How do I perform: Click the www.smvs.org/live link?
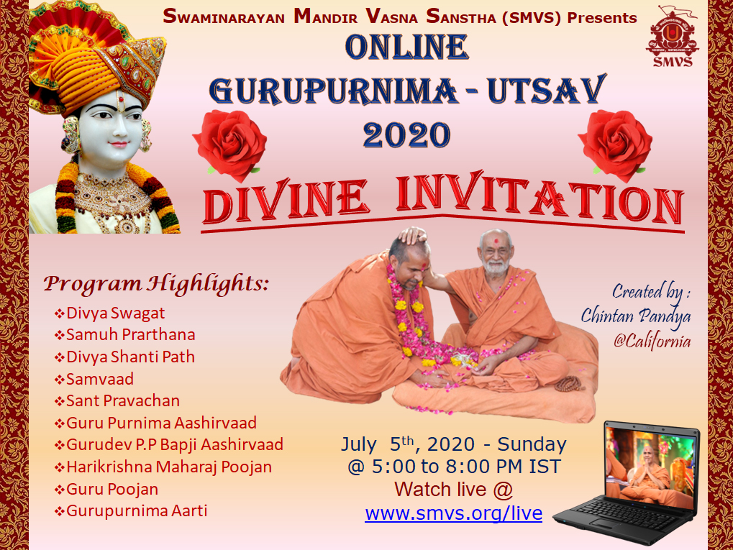point(453,513)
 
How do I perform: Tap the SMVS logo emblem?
point(673,37)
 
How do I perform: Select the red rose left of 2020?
point(230,144)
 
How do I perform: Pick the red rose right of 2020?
point(615,145)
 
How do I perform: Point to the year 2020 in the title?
point(406,135)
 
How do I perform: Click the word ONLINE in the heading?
point(406,47)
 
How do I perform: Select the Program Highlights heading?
point(156,284)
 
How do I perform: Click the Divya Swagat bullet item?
point(110,313)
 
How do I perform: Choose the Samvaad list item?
point(94,379)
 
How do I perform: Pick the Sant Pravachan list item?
point(117,401)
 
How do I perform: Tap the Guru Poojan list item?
point(106,490)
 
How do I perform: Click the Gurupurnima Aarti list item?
point(131,510)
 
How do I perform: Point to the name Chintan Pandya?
point(636,316)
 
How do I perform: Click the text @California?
point(652,341)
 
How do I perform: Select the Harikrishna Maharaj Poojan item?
point(163,467)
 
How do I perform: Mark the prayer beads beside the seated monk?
point(570,384)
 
